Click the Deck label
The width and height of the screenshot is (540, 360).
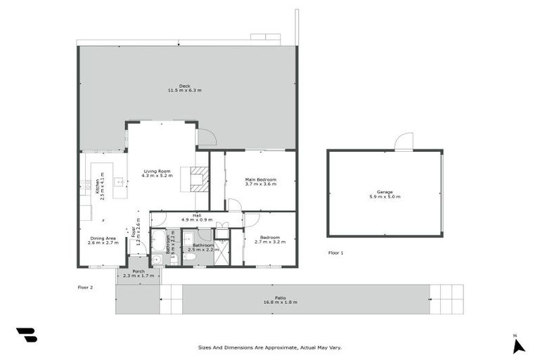point(184,89)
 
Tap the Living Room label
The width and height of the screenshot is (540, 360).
point(157,173)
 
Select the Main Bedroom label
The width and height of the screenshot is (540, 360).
point(260,181)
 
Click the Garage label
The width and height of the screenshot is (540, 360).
point(384,194)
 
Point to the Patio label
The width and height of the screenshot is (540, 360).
point(280,300)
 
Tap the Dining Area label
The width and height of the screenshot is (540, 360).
point(103,240)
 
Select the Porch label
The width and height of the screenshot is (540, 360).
point(138,274)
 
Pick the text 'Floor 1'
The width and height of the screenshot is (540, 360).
point(336,252)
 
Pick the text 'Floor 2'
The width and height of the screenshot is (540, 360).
point(85,287)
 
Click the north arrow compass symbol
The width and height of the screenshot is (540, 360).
point(518,345)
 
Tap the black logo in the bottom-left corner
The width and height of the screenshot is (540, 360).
point(26,335)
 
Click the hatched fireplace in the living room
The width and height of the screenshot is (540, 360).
point(200,179)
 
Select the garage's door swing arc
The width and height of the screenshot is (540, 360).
point(403,141)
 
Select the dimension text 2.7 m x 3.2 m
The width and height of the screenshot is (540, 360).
point(270,243)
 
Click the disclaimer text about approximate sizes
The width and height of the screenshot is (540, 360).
point(269,347)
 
